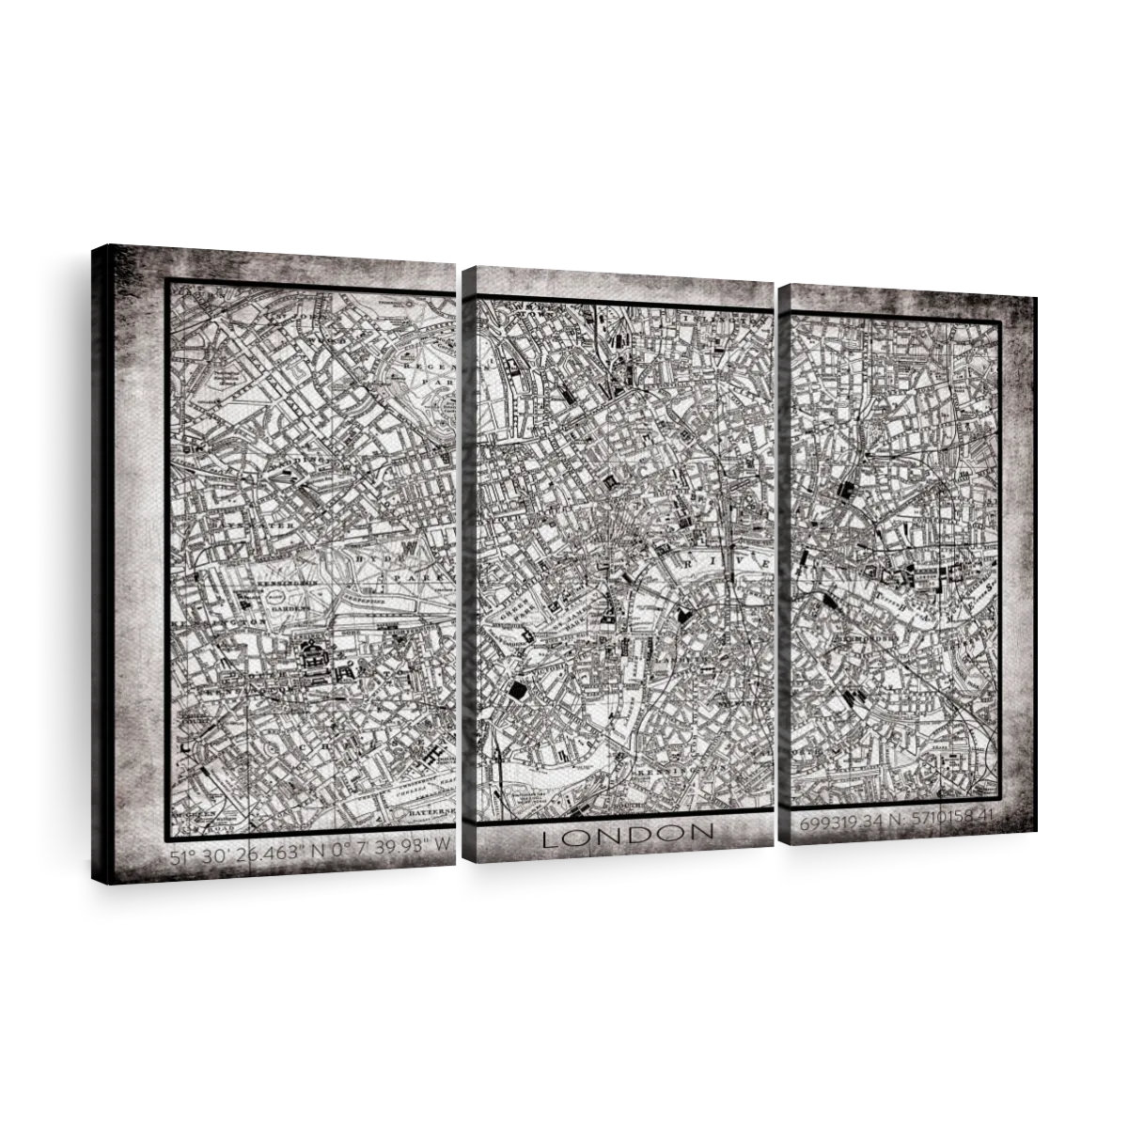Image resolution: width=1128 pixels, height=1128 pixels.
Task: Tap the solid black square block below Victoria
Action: point(516,692)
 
